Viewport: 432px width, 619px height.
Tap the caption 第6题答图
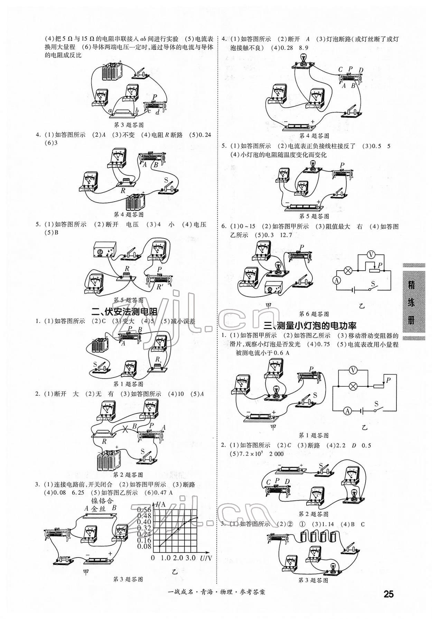point(314,314)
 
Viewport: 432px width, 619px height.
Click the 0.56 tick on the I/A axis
point(144,510)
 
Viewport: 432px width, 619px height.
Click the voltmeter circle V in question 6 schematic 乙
point(371,255)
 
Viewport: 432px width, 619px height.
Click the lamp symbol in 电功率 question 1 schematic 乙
point(353,386)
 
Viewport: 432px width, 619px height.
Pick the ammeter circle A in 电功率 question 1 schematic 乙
point(348,411)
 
